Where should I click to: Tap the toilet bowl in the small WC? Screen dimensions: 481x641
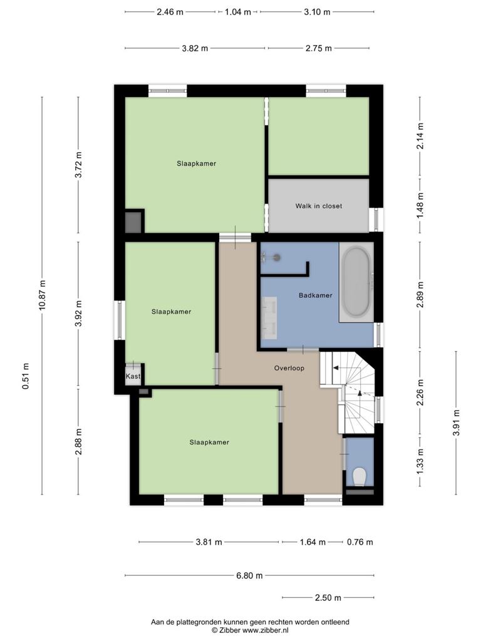tap(359, 476)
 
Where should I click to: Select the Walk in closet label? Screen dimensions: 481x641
tap(319, 206)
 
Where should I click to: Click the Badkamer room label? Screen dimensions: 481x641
tap(316, 295)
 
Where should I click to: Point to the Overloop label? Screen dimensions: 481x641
tap(289, 368)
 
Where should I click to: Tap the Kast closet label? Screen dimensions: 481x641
tap(133, 376)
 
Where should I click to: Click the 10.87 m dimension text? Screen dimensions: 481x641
tap(42, 295)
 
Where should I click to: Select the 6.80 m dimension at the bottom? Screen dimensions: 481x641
tap(249, 576)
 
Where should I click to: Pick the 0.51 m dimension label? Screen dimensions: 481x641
tap(26, 376)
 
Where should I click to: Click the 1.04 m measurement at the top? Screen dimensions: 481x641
tap(237, 12)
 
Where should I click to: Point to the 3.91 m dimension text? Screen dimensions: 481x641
tap(456, 423)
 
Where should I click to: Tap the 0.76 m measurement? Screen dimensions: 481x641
tap(360, 542)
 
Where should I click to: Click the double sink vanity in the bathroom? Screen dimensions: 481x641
tap(269, 318)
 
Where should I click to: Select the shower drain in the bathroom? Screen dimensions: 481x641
tap(277, 257)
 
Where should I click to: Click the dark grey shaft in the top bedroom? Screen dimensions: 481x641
tap(134, 222)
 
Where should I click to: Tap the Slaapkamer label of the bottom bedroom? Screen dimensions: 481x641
tap(209, 443)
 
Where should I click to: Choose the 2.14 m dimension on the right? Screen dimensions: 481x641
tap(420, 136)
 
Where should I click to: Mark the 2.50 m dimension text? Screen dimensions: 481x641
tap(328, 598)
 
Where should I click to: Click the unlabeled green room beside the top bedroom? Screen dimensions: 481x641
tap(319, 136)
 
